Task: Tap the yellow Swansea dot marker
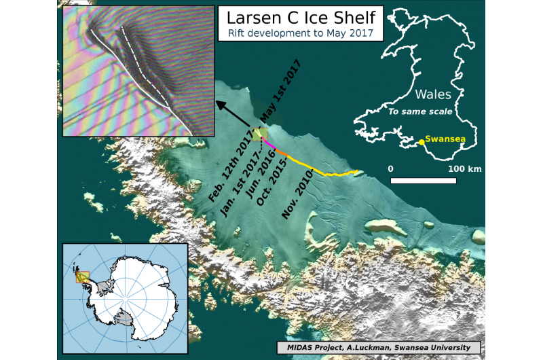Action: [422, 141]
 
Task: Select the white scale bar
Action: [423, 181]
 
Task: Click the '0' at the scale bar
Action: [390, 168]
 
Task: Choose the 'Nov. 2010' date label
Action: [297, 195]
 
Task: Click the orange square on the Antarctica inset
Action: [81, 276]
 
